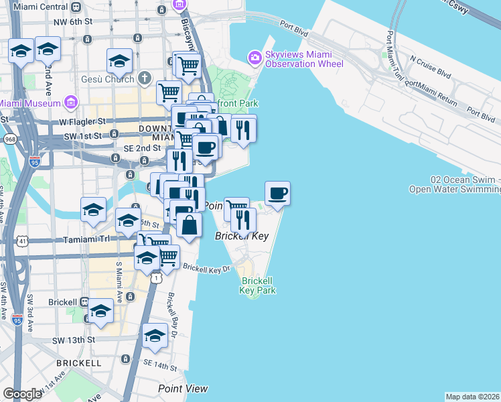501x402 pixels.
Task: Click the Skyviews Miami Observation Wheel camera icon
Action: (255, 58)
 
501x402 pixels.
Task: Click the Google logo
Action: (23, 394)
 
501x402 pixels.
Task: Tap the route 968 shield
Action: (9, 139)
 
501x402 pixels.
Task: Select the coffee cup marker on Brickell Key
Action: (278, 194)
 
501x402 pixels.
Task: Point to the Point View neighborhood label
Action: (183, 389)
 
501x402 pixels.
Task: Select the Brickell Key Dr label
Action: (207, 269)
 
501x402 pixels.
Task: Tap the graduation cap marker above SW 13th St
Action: (100, 311)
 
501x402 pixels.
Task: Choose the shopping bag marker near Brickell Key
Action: (190, 225)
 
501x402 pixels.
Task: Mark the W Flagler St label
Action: (84, 122)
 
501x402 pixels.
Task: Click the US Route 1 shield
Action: (155, 277)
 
